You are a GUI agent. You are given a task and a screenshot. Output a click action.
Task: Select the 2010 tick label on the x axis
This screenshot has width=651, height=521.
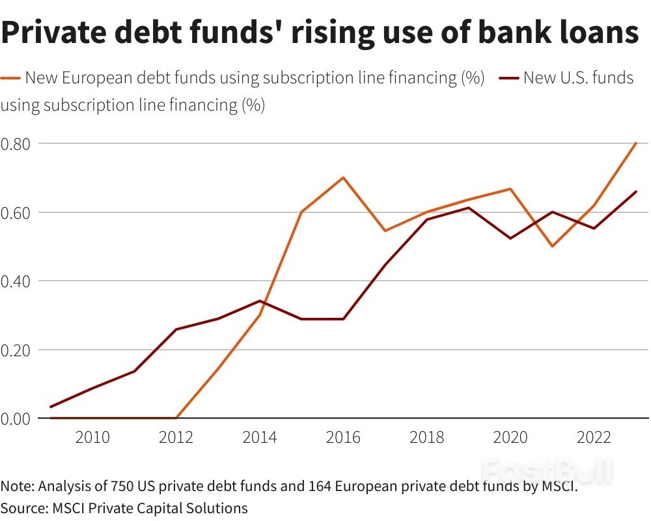[x=92, y=437]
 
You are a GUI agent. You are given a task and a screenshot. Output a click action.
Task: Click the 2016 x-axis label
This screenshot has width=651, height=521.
[x=343, y=437]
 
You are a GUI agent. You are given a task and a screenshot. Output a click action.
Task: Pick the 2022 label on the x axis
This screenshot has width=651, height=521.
[x=594, y=437]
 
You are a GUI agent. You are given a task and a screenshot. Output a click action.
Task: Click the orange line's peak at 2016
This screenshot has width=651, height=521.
[x=343, y=177]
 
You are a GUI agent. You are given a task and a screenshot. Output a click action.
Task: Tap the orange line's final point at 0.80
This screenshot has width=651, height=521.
[x=635, y=143]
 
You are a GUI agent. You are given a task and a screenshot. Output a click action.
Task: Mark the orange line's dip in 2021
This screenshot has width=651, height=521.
[x=552, y=246]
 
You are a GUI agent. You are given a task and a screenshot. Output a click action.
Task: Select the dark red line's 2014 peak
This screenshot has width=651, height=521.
[x=260, y=301]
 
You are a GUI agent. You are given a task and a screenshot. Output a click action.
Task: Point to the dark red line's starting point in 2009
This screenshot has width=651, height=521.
[x=51, y=407]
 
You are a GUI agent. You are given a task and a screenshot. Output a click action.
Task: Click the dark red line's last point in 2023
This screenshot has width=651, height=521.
[x=635, y=191]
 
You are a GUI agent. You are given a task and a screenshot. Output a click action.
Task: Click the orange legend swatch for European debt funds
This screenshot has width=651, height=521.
[x=11, y=79]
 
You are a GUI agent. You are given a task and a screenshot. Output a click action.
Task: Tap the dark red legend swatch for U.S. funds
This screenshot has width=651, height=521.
[x=510, y=79]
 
